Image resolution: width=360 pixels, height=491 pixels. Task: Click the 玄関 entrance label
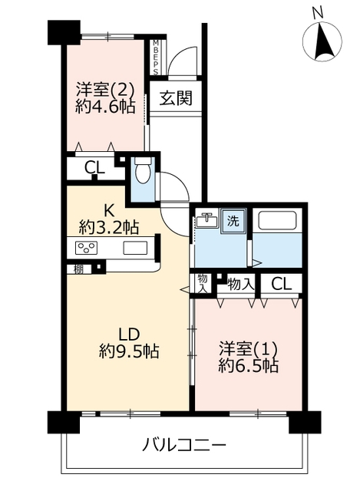[x=176, y=98]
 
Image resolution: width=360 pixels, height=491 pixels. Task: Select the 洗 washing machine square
[x=233, y=221]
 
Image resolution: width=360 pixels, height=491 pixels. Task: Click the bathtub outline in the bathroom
[x=277, y=221]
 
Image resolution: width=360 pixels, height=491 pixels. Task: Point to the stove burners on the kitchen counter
[x=86, y=248]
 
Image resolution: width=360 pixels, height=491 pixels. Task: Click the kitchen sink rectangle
[x=135, y=248]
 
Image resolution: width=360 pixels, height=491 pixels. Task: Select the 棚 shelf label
[x=78, y=269]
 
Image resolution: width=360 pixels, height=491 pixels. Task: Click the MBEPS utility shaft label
[x=156, y=58]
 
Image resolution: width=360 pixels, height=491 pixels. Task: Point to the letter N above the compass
[x=318, y=13]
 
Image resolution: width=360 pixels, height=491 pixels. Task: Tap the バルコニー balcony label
[x=184, y=445]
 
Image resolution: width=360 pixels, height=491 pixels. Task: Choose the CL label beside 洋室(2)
[x=94, y=169]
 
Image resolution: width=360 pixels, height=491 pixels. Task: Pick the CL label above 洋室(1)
[x=282, y=285]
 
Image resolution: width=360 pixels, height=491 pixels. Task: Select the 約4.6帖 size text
[x=106, y=107]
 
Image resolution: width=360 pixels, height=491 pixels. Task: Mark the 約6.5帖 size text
[x=248, y=365]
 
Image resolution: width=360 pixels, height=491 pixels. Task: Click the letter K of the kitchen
[x=109, y=211]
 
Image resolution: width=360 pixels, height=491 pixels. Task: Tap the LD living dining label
[x=129, y=334]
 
